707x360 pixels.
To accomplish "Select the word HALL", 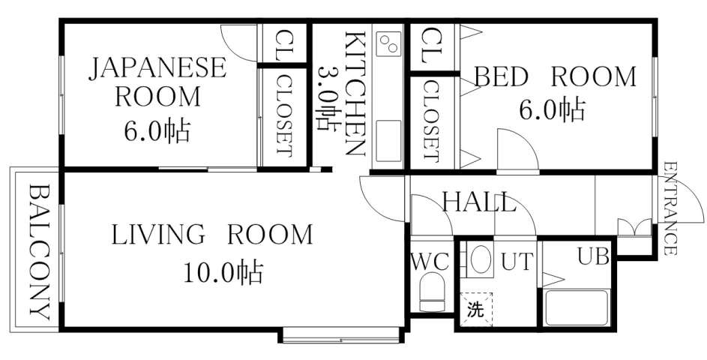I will click(478, 202).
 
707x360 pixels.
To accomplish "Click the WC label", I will click(430, 262).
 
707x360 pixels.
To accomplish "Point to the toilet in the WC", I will click(432, 292).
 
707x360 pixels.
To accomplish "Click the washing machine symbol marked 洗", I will click(475, 307).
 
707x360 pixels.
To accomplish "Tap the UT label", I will click(517, 262).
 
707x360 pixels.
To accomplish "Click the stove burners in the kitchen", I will click(388, 46).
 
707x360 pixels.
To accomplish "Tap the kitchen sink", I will click(388, 142).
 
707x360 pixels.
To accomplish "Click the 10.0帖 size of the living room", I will click(223, 271).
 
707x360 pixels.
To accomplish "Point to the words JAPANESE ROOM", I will click(157, 82).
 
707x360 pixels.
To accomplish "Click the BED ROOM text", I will click(554, 77).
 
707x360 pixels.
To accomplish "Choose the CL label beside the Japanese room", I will click(284, 45).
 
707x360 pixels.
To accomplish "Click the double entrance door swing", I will click(634, 226).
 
